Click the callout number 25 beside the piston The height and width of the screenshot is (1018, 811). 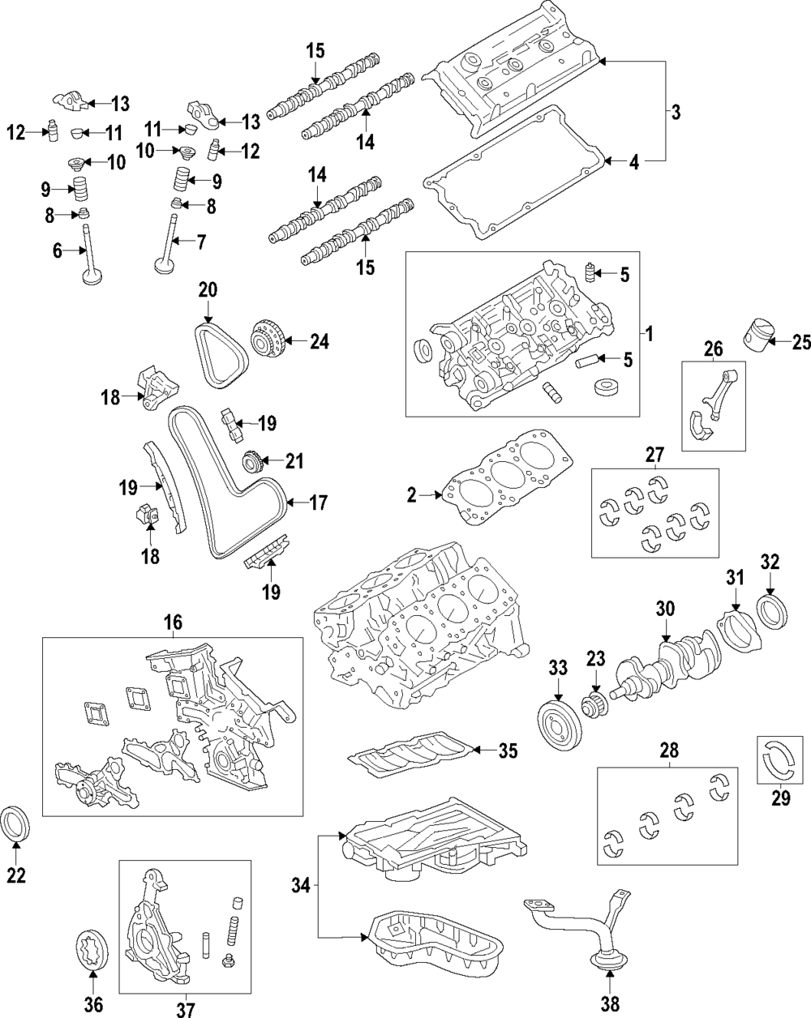(800, 343)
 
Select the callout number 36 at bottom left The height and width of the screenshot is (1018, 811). (93, 1005)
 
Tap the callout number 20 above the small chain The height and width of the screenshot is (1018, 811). (208, 289)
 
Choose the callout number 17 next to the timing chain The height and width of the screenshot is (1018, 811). (318, 503)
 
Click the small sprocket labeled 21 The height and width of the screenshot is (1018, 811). (253, 462)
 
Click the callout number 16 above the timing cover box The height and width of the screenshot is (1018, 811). (173, 622)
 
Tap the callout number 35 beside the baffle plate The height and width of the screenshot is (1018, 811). (507, 751)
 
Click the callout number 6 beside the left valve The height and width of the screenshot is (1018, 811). (58, 252)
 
